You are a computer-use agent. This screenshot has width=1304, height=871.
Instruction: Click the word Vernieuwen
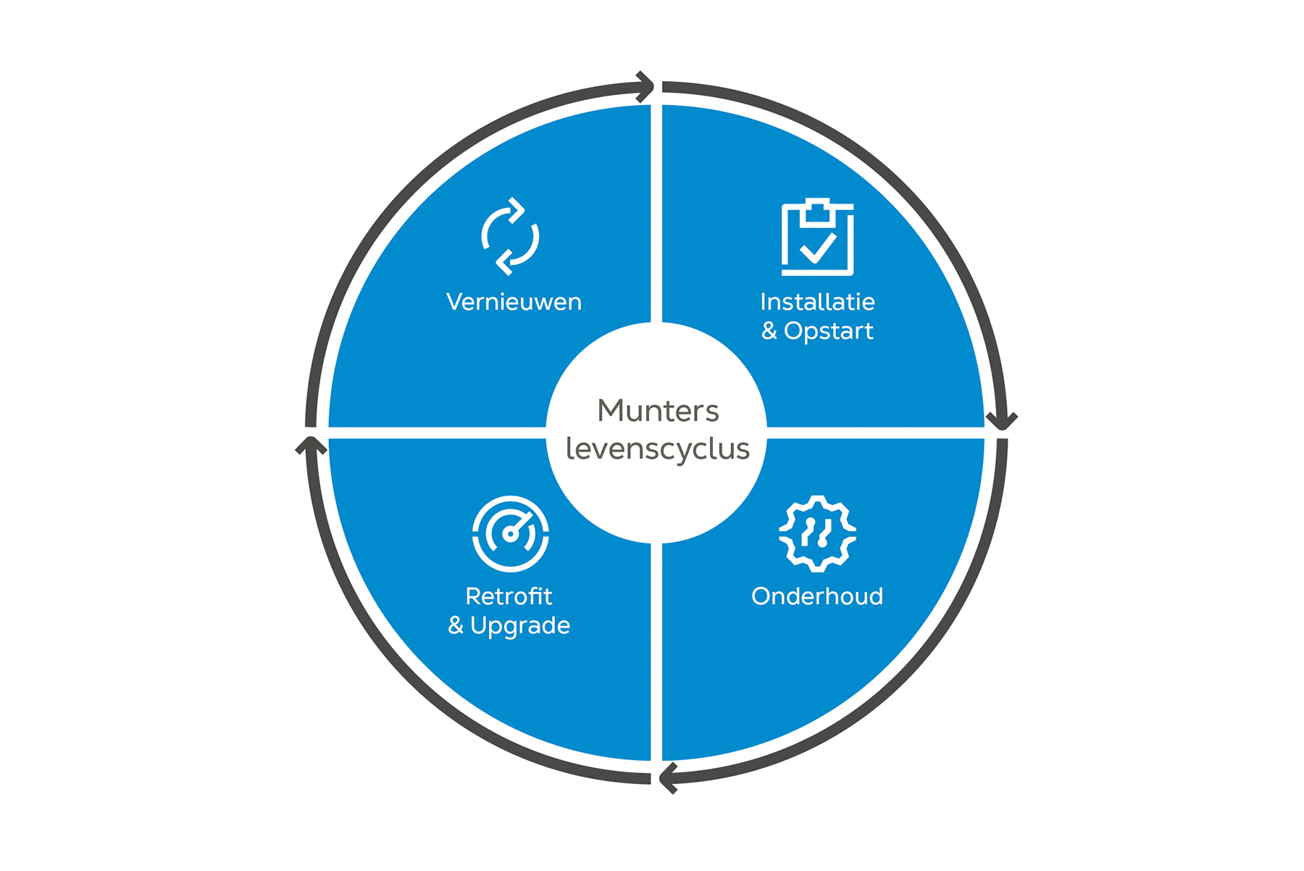pyautogui.click(x=514, y=302)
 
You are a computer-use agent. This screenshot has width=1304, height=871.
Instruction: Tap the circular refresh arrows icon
pyautogui.click(x=510, y=237)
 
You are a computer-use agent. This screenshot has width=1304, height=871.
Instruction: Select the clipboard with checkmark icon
pyautogui.click(x=817, y=238)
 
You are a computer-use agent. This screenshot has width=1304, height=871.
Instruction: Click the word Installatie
pyautogui.click(x=817, y=302)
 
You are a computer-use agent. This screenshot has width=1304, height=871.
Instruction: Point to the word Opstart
pyautogui.click(x=828, y=331)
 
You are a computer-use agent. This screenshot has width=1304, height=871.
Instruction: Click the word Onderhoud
pyautogui.click(x=817, y=596)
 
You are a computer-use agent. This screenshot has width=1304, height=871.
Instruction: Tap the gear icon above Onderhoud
pyautogui.click(x=817, y=534)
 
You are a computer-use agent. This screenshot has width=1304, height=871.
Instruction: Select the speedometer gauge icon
pyautogui.click(x=510, y=534)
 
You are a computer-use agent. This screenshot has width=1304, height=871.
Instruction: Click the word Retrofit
pyautogui.click(x=509, y=596)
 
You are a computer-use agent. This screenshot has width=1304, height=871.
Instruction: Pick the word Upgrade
pyautogui.click(x=520, y=625)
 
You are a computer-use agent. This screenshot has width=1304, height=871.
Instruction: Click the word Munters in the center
pyautogui.click(x=658, y=411)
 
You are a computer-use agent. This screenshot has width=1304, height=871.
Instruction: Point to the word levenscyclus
pyautogui.click(x=658, y=449)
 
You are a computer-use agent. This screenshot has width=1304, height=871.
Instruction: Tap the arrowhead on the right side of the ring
pyautogui.click(x=1003, y=421)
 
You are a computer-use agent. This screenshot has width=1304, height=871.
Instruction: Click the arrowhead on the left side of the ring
pyautogui.click(x=311, y=445)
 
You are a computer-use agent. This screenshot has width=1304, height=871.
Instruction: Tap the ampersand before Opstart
pyautogui.click(x=769, y=331)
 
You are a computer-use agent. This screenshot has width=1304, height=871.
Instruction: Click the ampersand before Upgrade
pyautogui.click(x=456, y=625)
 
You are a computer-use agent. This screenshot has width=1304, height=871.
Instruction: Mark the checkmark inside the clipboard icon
pyautogui.click(x=818, y=249)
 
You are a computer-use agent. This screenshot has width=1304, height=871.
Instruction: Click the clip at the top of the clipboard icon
pyautogui.click(x=818, y=209)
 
